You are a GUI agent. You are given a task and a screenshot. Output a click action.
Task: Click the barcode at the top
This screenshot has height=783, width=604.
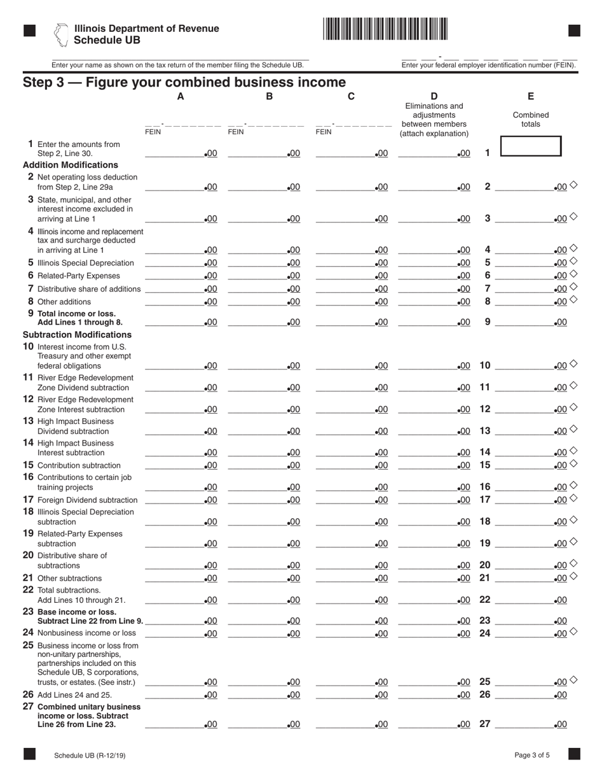click(x=385, y=29)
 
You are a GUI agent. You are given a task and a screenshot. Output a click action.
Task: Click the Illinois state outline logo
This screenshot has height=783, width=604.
click(x=61, y=35)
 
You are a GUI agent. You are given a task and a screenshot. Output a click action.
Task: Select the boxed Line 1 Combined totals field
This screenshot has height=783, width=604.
click(x=530, y=146)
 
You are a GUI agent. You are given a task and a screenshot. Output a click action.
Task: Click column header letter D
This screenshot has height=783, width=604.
click(x=434, y=97)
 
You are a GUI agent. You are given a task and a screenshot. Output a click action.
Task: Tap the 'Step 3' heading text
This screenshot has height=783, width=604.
click(x=184, y=82)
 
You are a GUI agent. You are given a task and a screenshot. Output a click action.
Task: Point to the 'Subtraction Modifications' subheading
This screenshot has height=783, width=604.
click(x=77, y=334)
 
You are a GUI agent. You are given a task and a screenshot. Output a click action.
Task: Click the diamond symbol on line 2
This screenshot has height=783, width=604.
click(x=573, y=185)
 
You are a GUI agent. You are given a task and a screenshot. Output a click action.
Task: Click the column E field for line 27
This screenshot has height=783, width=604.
click(x=525, y=724)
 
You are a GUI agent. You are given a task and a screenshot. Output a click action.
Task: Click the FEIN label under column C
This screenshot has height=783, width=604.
click(x=324, y=132)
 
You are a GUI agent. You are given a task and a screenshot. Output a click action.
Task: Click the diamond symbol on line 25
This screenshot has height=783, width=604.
click(x=573, y=680)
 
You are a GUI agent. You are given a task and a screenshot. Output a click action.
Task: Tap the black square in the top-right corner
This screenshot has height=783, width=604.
click(x=574, y=31)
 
